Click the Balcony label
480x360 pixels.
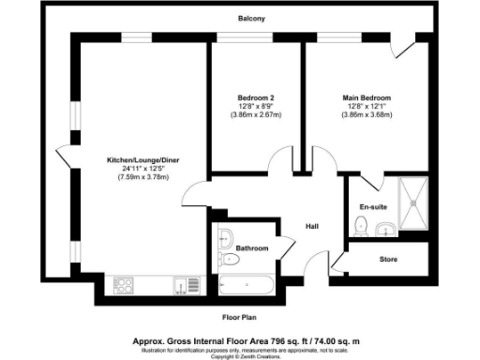tap(251, 19)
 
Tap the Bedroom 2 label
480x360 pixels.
tap(255, 98)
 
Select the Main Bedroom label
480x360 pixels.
tap(366, 98)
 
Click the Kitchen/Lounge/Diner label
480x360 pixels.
tap(142, 160)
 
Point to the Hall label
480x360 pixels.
tap(314, 226)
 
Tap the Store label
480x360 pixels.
tap(388, 258)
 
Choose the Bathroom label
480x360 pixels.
tap(252, 248)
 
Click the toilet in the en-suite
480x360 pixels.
tap(361, 226)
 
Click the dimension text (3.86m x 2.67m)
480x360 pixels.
tap(255, 115)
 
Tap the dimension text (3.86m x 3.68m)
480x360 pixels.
tap(366, 115)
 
